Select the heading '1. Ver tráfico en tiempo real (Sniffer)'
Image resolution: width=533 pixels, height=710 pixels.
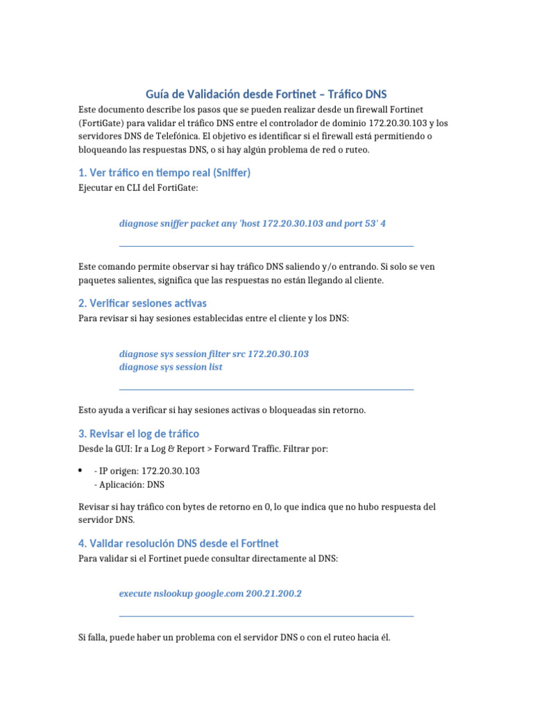pos(164,173)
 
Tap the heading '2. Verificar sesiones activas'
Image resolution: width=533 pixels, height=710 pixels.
pos(142,303)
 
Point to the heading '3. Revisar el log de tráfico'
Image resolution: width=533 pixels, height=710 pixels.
pos(139,433)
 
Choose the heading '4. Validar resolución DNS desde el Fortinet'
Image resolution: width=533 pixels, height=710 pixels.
pos(178,543)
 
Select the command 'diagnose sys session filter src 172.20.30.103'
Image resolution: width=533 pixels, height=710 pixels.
pos(214,354)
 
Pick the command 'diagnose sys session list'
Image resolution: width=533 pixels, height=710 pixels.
pos(171,367)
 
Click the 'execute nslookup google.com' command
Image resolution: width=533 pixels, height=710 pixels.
pos(181,594)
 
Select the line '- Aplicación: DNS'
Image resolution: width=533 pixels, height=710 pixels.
pos(128,485)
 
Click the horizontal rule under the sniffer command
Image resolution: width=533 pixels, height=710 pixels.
pos(266,246)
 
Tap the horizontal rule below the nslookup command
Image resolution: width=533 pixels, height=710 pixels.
pos(266,616)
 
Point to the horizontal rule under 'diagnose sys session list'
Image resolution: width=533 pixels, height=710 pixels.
pos(266,390)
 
